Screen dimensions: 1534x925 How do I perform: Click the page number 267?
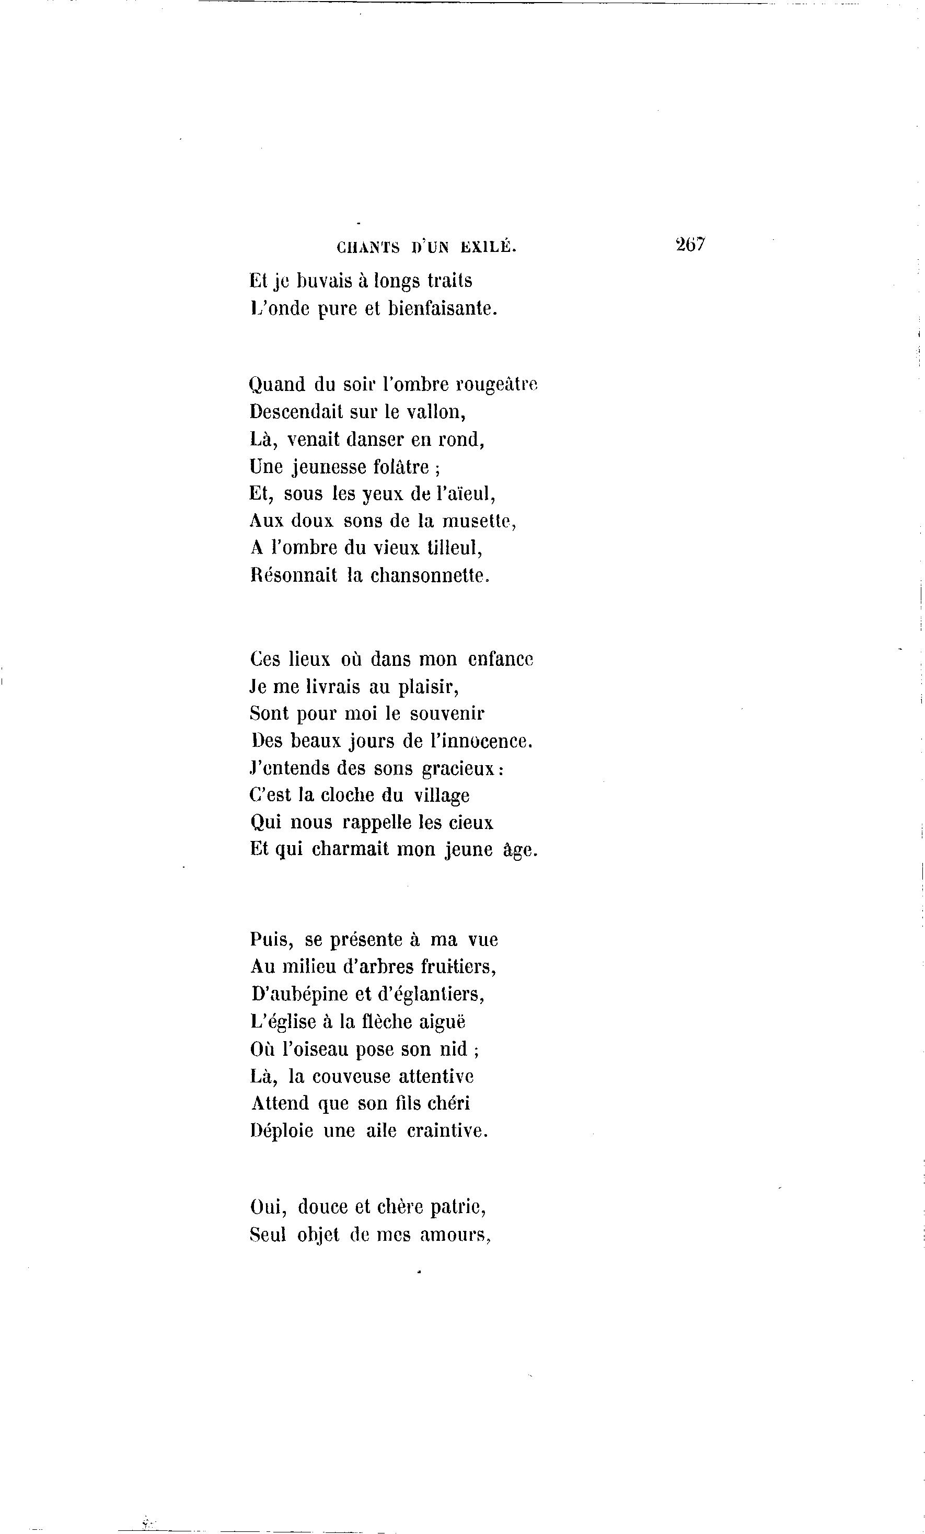coord(690,244)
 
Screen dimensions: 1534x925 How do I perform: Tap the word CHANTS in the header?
coord(368,248)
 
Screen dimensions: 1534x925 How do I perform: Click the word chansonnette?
coord(430,575)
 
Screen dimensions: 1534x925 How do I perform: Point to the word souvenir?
coord(447,713)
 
